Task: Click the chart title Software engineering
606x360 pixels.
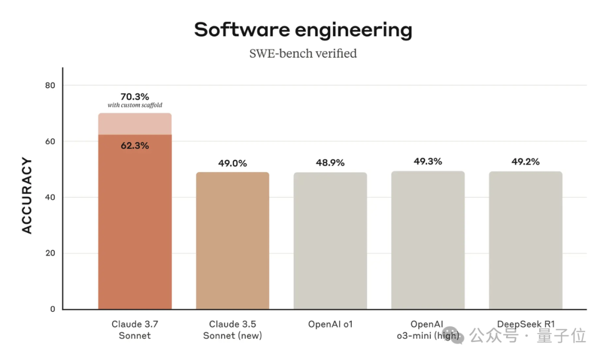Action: (303, 30)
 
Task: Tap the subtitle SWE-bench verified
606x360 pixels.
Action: (303, 54)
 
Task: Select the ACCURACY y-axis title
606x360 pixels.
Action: (27, 196)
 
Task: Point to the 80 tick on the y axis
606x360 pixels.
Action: (50, 85)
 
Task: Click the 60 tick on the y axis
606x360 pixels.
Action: (50, 141)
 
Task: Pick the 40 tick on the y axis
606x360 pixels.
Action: (50, 197)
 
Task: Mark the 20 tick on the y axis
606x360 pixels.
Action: (50, 253)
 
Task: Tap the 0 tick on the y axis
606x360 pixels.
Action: (53, 309)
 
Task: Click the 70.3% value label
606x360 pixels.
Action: (135, 96)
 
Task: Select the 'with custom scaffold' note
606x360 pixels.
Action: (135, 105)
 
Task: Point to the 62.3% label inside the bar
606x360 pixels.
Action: (135, 146)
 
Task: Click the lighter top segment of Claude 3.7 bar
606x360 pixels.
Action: (135, 124)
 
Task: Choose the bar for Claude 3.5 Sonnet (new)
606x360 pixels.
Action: (232, 241)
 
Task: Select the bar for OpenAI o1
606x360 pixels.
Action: (330, 241)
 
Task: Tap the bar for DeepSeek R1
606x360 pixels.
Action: (525, 241)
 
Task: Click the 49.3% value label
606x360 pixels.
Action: (428, 161)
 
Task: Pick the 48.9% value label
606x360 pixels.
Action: (330, 163)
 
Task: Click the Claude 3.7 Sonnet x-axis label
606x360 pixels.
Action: (135, 330)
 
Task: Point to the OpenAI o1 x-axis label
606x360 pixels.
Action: (330, 324)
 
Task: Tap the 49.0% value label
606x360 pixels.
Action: (232, 163)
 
